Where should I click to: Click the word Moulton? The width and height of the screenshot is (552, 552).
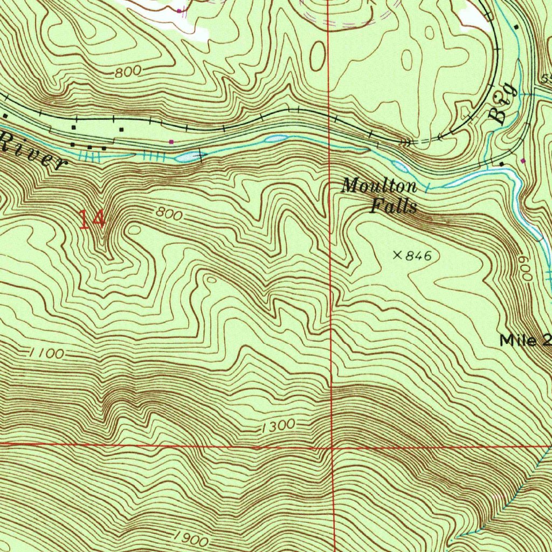[379, 187]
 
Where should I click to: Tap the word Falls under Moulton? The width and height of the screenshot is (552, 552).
[394, 206]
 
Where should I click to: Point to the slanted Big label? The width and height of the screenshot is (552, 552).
[503, 105]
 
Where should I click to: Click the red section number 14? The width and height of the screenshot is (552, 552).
[92, 220]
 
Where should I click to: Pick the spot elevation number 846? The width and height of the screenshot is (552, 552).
[419, 256]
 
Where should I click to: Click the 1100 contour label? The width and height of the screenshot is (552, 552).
[47, 354]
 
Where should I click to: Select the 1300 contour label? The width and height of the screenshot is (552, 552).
[278, 426]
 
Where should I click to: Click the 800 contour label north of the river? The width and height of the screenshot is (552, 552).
[128, 72]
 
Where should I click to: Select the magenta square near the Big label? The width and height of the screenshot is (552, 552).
[523, 161]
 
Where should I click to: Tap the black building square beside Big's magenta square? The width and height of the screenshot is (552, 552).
[502, 163]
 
